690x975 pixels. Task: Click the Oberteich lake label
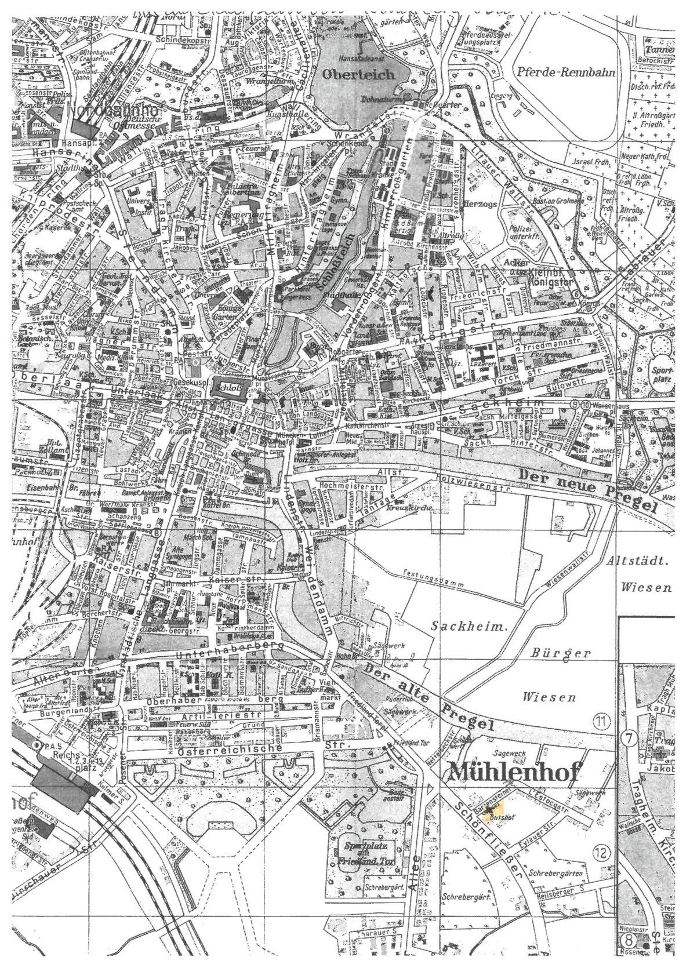pos(359,75)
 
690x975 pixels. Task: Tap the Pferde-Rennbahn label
pos(563,73)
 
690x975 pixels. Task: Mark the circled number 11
pos(602,722)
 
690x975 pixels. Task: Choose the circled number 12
pos(603,852)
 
